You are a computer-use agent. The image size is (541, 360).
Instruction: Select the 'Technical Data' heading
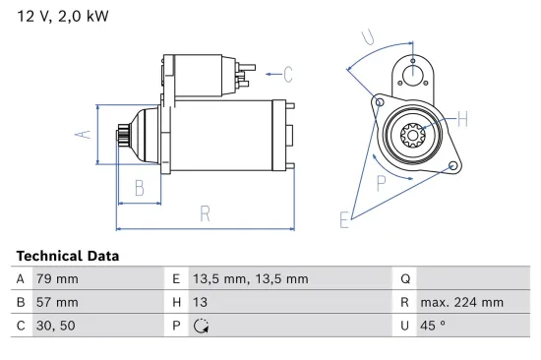(68, 256)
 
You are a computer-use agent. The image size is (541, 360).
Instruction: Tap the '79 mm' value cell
(56, 279)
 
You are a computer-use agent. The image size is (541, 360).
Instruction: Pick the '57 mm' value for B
(56, 303)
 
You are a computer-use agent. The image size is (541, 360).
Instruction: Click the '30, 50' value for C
(55, 327)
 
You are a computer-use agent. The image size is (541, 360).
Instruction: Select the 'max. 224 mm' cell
(461, 303)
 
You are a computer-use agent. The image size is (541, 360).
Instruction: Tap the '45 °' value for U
(434, 327)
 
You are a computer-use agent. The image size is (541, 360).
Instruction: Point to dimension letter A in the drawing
(86, 135)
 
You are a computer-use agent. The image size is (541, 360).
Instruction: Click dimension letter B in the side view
(139, 187)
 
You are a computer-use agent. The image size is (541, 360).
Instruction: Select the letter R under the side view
(204, 213)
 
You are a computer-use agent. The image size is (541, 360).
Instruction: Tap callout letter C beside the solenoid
(288, 72)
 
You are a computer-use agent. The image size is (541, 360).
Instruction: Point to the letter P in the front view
(382, 181)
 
